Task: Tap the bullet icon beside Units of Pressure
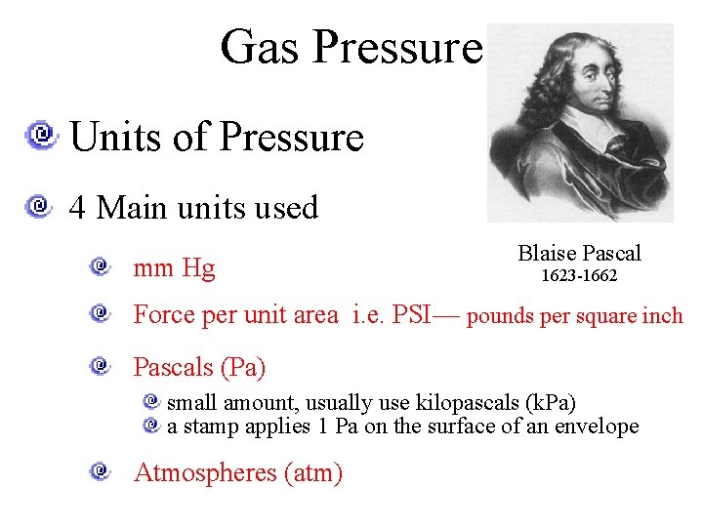coord(42,135)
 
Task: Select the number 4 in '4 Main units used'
coord(76,208)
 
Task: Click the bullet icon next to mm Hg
coord(102,266)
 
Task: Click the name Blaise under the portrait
coord(545,254)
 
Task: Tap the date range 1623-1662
coord(580,276)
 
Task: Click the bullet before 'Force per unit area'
coord(102,313)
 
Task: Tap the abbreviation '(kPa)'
coord(550,403)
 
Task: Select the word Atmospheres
coord(205,473)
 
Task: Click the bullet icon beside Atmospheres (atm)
coord(102,472)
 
